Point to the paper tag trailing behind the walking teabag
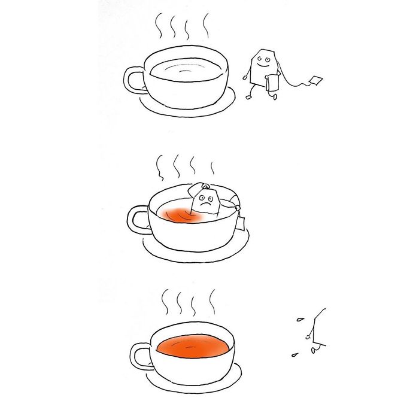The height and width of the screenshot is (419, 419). point(315,80)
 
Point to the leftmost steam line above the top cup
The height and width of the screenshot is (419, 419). point(160,25)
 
